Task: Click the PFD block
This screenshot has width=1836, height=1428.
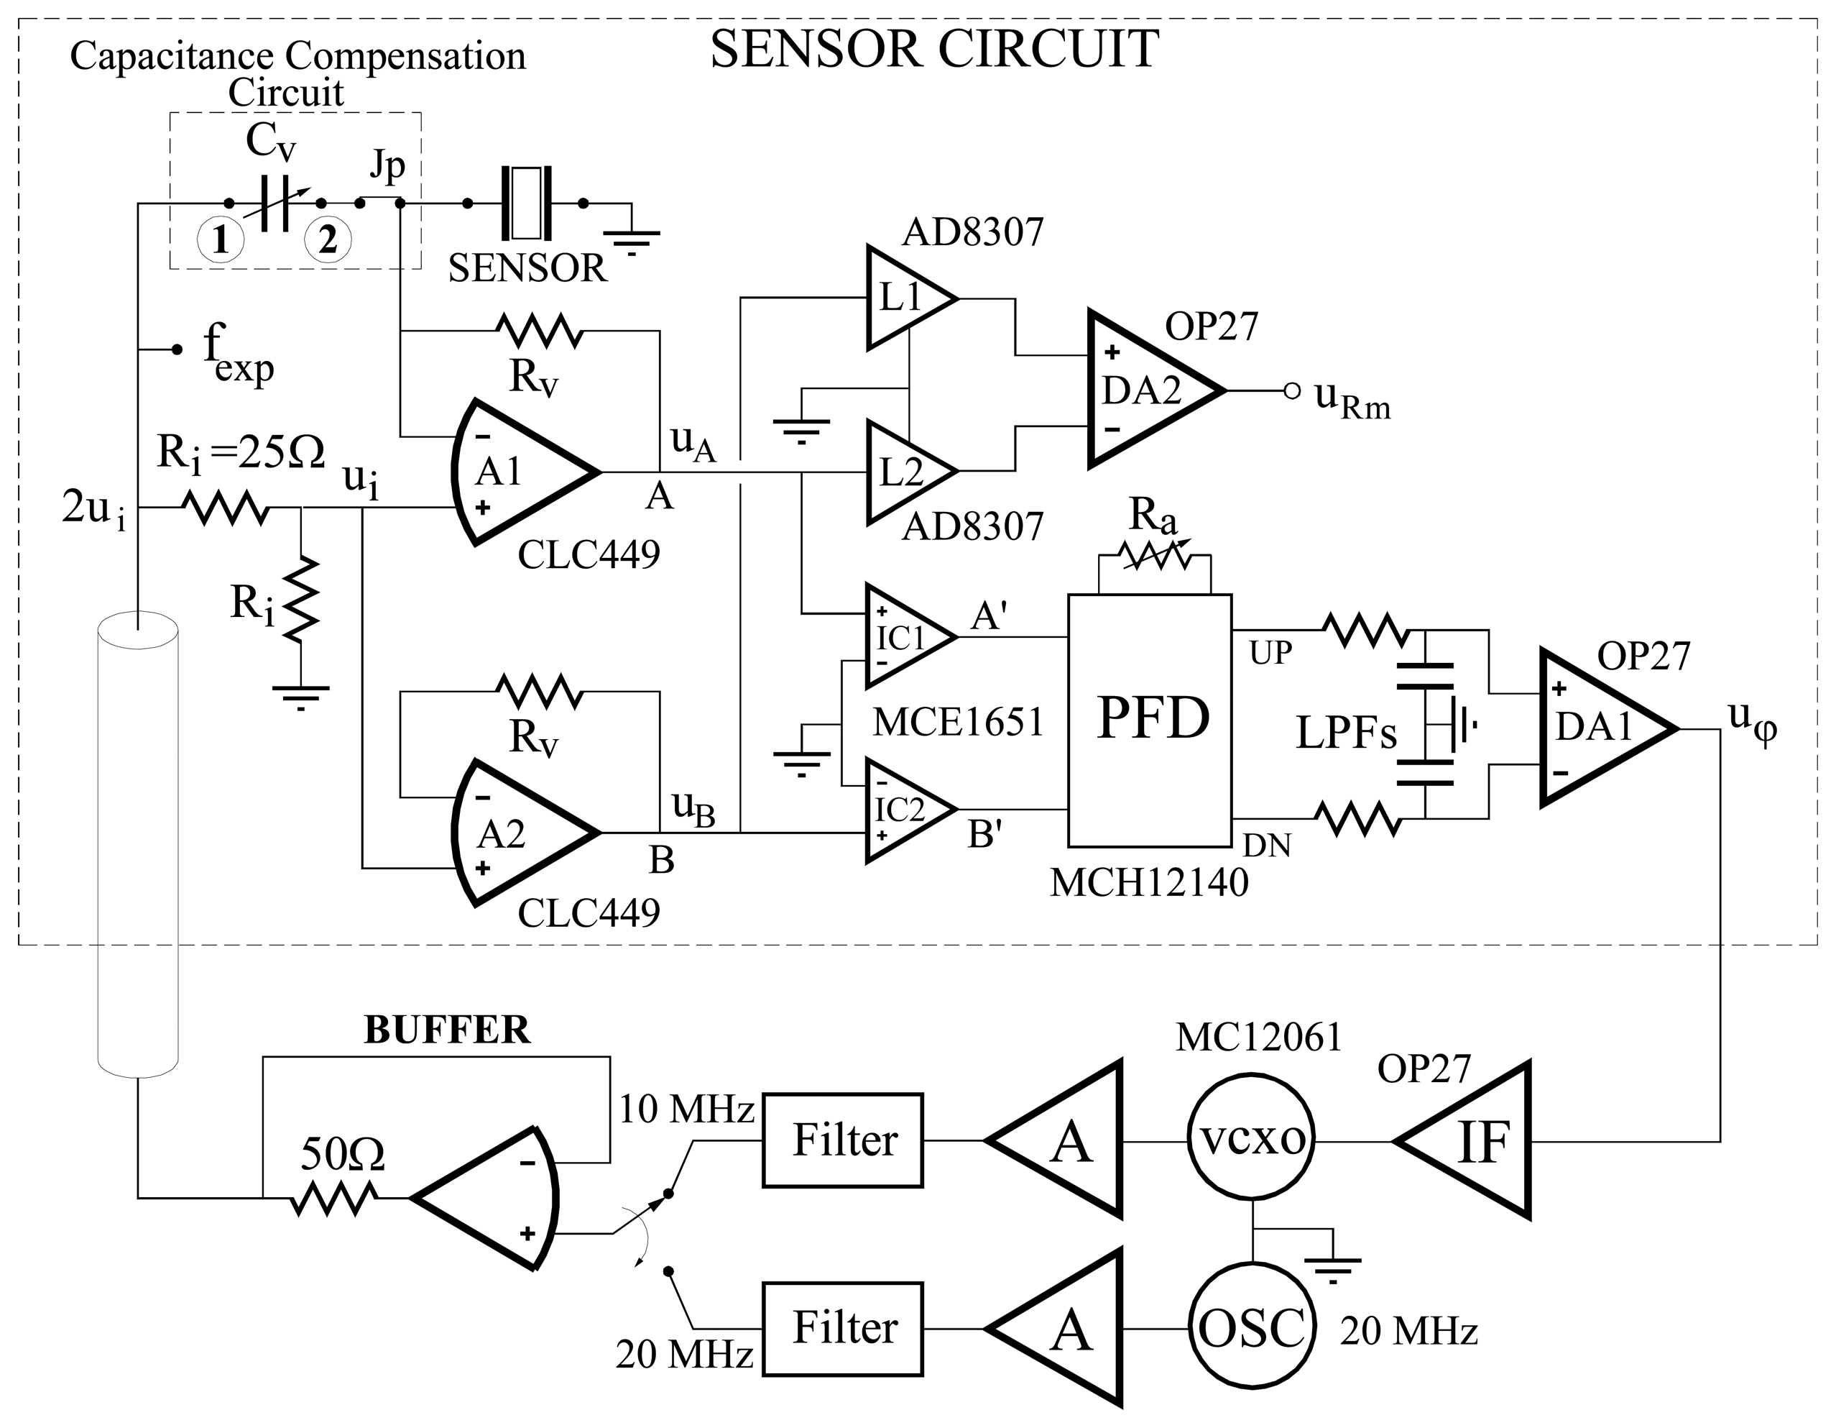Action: pyautogui.click(x=1150, y=720)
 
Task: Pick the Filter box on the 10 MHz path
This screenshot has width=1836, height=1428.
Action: pyautogui.click(x=842, y=1140)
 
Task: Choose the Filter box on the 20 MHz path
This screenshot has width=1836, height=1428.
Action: pyautogui.click(x=842, y=1329)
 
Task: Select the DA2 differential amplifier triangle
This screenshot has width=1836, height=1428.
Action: pyautogui.click(x=1148, y=390)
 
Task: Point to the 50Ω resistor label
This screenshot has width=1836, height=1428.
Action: pyautogui.click(x=342, y=1155)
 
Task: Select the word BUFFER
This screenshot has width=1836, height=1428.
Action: pyautogui.click(x=446, y=1030)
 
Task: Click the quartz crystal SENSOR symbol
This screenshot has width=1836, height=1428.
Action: pyautogui.click(x=526, y=203)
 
